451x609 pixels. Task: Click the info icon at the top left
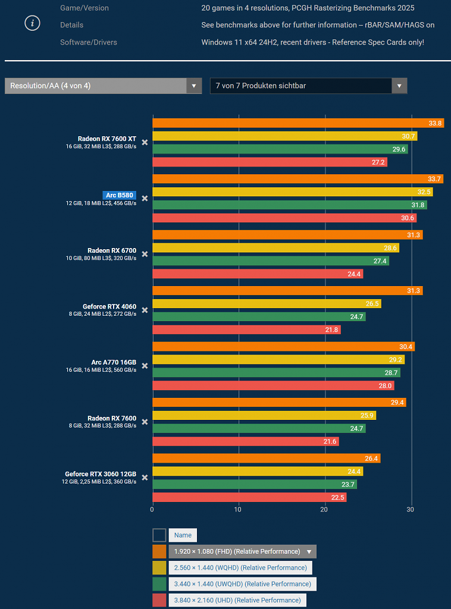[x=32, y=23]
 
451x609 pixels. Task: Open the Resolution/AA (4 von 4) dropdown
[x=103, y=86]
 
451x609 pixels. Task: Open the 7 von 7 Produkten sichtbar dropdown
[x=308, y=86]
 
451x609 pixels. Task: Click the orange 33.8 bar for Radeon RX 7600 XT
[x=298, y=123]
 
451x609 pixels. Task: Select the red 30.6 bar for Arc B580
[x=284, y=218]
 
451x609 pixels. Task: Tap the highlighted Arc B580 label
[x=119, y=195]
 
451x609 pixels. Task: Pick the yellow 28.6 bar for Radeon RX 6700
[x=276, y=248]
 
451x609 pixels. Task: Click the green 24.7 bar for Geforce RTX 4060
[x=259, y=316]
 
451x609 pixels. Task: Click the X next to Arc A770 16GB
[x=145, y=366]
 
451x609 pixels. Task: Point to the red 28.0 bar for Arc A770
[x=274, y=385]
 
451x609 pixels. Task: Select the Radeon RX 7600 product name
[x=112, y=418]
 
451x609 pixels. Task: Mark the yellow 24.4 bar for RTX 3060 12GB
[x=258, y=472]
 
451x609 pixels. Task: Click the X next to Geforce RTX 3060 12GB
[x=145, y=478]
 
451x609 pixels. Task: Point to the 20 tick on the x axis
[x=324, y=510]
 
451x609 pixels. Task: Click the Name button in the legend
[x=183, y=535]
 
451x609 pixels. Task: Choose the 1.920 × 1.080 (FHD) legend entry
[x=242, y=551]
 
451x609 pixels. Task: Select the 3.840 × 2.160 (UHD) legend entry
[x=237, y=600]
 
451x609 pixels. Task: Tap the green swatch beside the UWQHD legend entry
[x=159, y=584]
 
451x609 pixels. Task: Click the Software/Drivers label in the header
[x=89, y=42]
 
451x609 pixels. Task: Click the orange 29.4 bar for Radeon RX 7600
[x=279, y=403]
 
